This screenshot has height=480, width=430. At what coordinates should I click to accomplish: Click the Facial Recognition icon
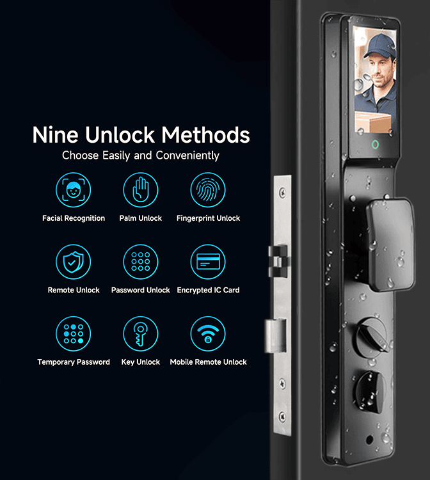[74, 190]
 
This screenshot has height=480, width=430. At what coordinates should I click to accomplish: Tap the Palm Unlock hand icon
[141, 190]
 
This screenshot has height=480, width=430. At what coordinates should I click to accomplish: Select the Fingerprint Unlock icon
[208, 190]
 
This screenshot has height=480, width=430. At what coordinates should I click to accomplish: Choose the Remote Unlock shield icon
[74, 262]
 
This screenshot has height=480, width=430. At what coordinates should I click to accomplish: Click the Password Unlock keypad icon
[141, 262]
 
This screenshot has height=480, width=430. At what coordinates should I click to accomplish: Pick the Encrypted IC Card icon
[208, 262]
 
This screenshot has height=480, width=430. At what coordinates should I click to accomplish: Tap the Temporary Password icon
[74, 333]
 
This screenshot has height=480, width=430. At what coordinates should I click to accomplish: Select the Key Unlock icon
[141, 333]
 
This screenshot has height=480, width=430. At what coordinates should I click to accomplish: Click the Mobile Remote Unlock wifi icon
[208, 333]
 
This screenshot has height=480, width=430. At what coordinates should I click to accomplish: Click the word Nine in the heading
[56, 134]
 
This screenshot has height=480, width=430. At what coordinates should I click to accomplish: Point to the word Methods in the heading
[205, 134]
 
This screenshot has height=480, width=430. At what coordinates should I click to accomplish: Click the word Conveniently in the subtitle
[187, 156]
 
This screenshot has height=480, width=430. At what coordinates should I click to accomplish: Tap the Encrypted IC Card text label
[208, 290]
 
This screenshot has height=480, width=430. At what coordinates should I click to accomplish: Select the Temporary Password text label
[74, 362]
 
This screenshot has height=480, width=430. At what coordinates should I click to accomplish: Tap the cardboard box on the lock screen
[373, 122]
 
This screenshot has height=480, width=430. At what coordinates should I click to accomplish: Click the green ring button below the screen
[375, 145]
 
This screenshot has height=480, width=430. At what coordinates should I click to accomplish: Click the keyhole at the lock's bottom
[369, 440]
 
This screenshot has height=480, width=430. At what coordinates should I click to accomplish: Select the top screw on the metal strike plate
[282, 193]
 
